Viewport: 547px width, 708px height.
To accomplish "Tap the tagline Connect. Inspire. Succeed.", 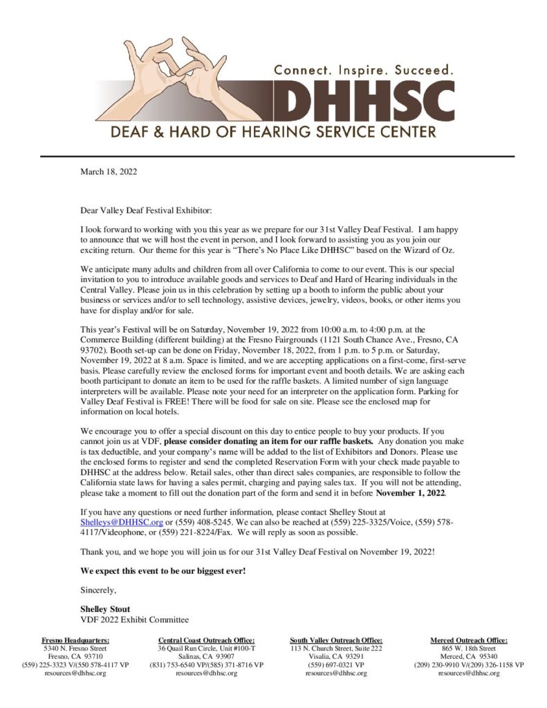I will point(364,70).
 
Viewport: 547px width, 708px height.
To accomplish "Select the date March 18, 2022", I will point(109,171).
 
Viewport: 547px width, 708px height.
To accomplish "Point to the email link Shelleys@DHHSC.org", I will point(122,523).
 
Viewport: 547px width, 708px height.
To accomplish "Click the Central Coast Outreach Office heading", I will point(207,640).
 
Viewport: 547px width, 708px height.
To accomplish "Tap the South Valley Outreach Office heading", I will point(336,640).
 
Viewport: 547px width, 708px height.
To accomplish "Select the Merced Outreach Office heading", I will point(469,640).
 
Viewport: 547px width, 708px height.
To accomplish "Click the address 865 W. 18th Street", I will point(469,649).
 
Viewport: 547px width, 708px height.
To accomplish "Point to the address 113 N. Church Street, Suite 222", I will point(336,649).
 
